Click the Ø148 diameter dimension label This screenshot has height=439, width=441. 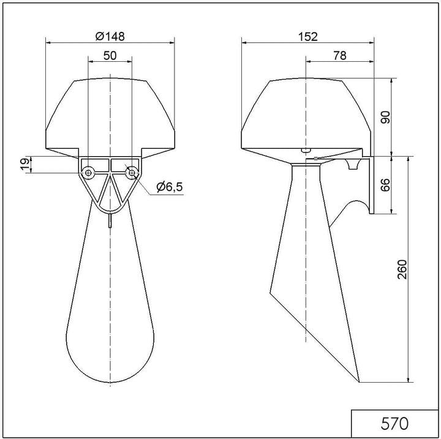[110, 36]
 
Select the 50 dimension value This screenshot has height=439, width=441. [110, 56]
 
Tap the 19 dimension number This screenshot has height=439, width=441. [24, 165]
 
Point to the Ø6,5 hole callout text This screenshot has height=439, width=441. [170, 187]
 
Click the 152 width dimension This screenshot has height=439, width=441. [307, 37]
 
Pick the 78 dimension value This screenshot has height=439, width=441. [340, 56]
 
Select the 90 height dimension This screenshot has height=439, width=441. [386, 118]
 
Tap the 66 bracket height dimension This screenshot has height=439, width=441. [385, 185]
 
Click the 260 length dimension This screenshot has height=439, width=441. [402, 269]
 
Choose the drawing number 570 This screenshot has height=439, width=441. [394, 424]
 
